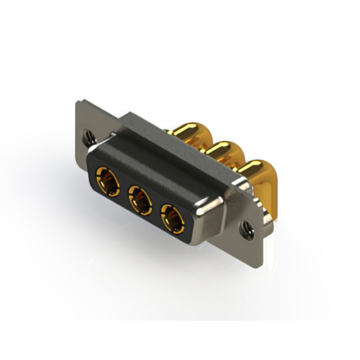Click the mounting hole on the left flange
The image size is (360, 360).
[88, 136]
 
